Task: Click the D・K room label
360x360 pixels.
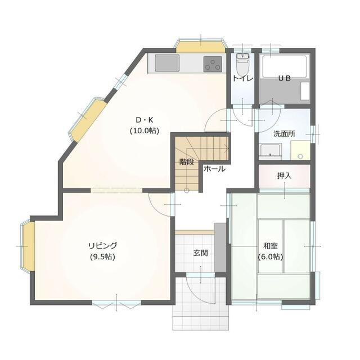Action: pyautogui.click(x=145, y=120)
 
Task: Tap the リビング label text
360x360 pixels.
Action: pyautogui.click(x=102, y=246)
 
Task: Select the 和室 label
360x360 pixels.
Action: pyautogui.click(x=270, y=246)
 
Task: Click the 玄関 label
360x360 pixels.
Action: pyautogui.click(x=201, y=253)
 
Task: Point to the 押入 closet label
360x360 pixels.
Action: pyautogui.click(x=284, y=176)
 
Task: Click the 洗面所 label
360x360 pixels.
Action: pyautogui.click(x=284, y=134)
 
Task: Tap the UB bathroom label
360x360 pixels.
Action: pyautogui.click(x=285, y=79)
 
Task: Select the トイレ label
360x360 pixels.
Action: pyautogui.click(x=243, y=79)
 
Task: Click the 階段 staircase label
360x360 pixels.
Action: pyautogui.click(x=187, y=162)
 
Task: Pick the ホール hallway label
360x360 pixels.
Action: pyautogui.click(x=214, y=169)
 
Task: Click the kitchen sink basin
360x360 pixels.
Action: pyautogui.click(x=167, y=63)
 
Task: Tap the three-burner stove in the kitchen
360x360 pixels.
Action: pyautogui.click(x=213, y=64)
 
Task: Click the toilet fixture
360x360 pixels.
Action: pyautogui.click(x=242, y=64)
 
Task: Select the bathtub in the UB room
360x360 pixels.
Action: pyautogui.click(x=284, y=66)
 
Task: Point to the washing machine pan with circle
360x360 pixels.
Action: pyautogui.click(x=300, y=150)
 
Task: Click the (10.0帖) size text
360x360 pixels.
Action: pyautogui.click(x=145, y=131)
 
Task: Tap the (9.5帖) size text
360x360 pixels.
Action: pyautogui.click(x=102, y=256)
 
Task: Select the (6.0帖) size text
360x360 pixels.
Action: pyautogui.click(x=270, y=256)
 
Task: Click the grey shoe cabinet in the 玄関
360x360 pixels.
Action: pyautogui.click(x=220, y=247)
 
